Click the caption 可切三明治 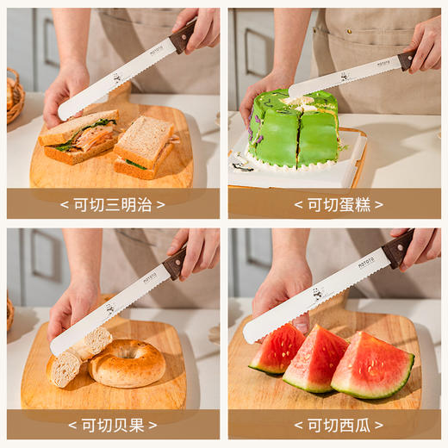[x=113, y=204]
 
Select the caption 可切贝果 [x=113, y=425]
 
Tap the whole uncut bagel [x=128, y=363]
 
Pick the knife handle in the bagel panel [x=175, y=263]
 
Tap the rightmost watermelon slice [x=372, y=366]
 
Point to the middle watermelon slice [x=316, y=357]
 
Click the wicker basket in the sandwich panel [x=14, y=95]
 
